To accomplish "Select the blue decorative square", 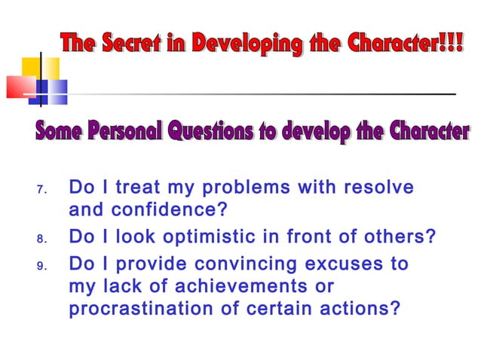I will point(54,90).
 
